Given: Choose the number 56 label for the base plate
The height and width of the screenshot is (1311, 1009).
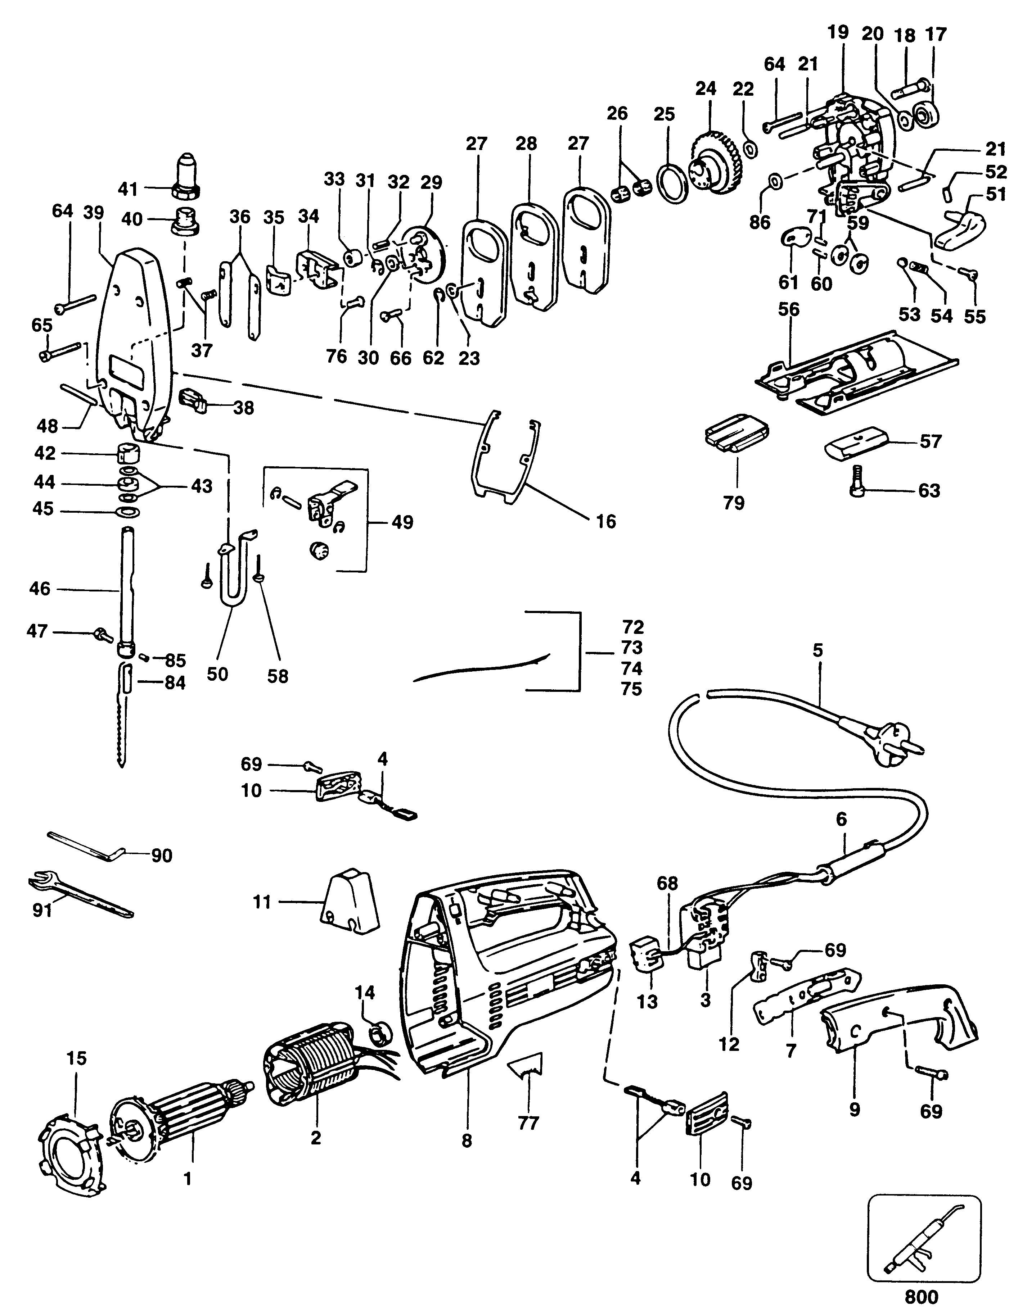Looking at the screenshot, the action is click(x=789, y=310).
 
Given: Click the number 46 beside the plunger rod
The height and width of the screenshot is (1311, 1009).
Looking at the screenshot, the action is click(x=40, y=589).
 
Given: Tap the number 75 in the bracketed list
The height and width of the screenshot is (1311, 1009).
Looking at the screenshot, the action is click(x=631, y=689).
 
